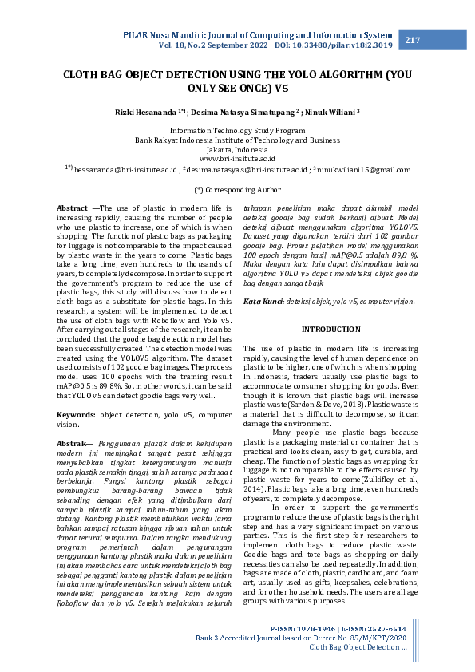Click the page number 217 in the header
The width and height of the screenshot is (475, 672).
point(413,41)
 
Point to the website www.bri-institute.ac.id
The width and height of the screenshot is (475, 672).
point(237,159)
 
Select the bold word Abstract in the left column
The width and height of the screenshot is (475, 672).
point(72,208)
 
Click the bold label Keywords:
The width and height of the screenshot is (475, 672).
point(76,414)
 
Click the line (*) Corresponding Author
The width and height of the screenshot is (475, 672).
point(237,190)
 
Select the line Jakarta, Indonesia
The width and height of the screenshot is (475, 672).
point(237,149)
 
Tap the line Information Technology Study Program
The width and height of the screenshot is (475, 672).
point(237,130)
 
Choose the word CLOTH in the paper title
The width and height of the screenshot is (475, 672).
point(85,75)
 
